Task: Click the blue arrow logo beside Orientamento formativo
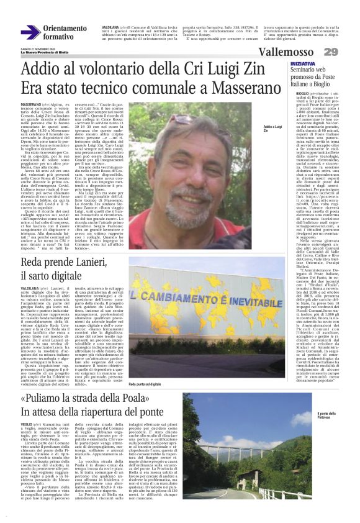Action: (30, 33)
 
